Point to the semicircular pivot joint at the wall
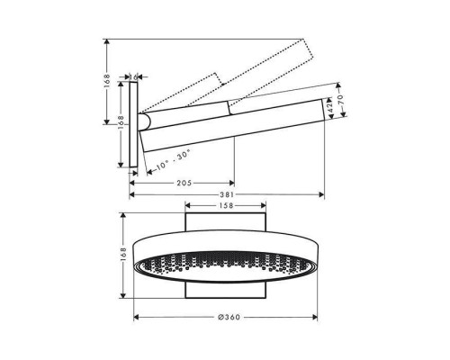[143, 121]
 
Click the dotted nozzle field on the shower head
[224, 267]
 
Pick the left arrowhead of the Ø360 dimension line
[136, 318]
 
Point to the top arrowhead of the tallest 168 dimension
[105, 40]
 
